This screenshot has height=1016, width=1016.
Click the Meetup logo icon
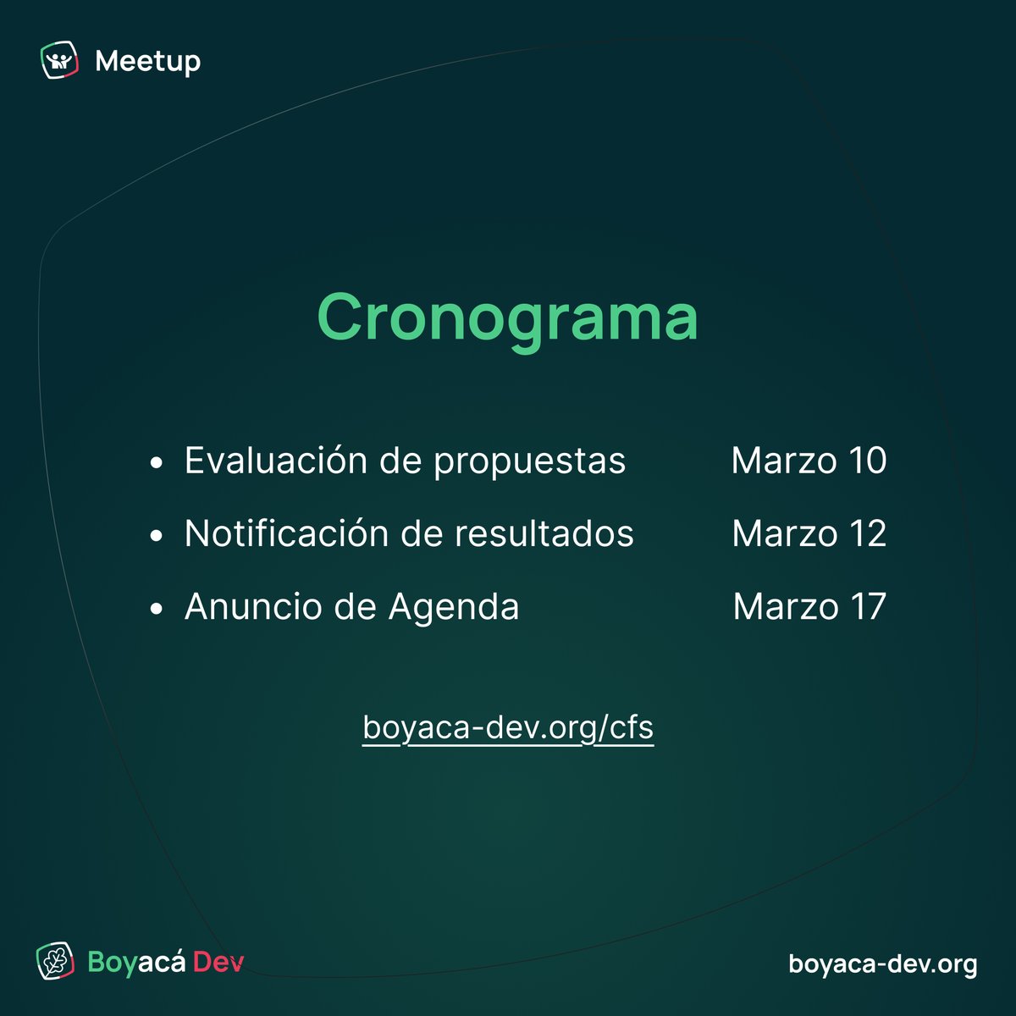[x=59, y=61]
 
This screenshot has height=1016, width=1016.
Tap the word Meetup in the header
[x=148, y=61]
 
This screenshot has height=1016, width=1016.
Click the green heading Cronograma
[x=507, y=317]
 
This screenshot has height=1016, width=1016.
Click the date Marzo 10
[x=809, y=461]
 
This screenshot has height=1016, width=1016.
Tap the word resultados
[x=544, y=533]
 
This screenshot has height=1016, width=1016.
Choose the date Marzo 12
[x=809, y=533]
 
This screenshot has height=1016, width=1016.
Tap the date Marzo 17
[x=809, y=606]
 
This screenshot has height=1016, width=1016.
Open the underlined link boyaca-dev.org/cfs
[x=508, y=727]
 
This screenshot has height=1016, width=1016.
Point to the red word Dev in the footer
[x=218, y=963]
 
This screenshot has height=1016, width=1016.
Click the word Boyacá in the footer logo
[x=135, y=964]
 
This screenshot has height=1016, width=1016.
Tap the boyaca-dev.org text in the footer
[x=882, y=964]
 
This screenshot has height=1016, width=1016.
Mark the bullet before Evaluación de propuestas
[x=155, y=463]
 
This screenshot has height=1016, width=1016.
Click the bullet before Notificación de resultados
[x=155, y=536]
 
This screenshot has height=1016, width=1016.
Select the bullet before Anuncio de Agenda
[x=155, y=609]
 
